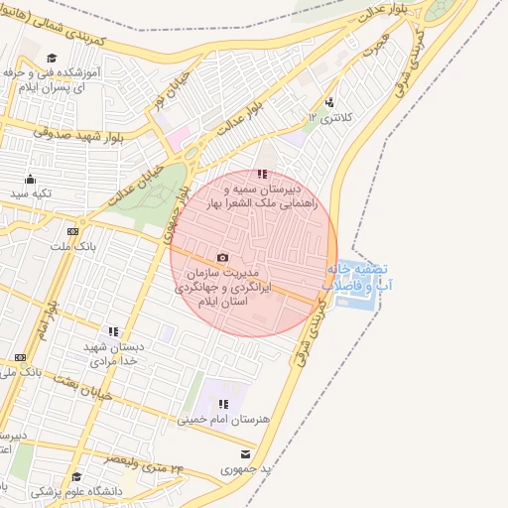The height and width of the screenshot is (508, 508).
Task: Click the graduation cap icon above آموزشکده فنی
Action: click(x=52, y=59)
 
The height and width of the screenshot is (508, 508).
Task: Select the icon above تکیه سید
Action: click(x=31, y=180)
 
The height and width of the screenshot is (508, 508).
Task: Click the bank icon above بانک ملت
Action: click(x=72, y=231)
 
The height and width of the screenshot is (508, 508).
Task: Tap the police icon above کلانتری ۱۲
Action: click(x=329, y=102)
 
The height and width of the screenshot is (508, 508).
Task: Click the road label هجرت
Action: click(x=375, y=46)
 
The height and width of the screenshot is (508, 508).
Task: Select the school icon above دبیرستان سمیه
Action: click(x=262, y=174)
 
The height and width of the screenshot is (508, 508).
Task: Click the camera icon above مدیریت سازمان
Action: click(x=222, y=258)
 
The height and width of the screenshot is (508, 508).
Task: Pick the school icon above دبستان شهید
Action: click(x=114, y=331)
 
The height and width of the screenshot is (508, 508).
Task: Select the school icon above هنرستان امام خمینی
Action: click(x=223, y=404)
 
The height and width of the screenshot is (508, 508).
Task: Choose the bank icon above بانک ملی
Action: click(x=21, y=358)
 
